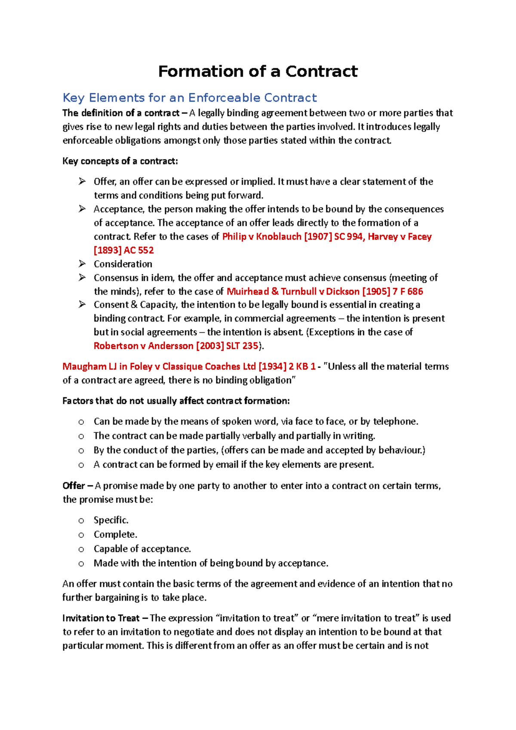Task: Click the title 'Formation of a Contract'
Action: [x=258, y=71]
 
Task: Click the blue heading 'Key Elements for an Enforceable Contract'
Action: [x=190, y=98]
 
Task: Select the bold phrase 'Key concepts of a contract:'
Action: [x=120, y=161]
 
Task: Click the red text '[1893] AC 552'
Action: [x=124, y=251]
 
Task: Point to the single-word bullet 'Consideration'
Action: [x=123, y=264]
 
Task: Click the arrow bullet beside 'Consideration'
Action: [x=82, y=264]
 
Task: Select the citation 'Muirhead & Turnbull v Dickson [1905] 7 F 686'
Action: [x=325, y=291]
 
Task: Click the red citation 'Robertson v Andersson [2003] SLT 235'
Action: [x=176, y=346]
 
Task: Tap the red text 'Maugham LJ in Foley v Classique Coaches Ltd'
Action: [x=159, y=367]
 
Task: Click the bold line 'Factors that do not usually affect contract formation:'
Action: [x=176, y=401]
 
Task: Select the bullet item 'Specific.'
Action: [x=111, y=520]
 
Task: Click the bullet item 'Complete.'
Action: [x=115, y=534]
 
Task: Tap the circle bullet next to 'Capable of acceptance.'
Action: [x=81, y=549]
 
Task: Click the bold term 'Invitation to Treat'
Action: [x=101, y=618]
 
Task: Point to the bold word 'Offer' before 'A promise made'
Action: [x=74, y=486]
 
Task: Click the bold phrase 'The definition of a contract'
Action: [x=121, y=113]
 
